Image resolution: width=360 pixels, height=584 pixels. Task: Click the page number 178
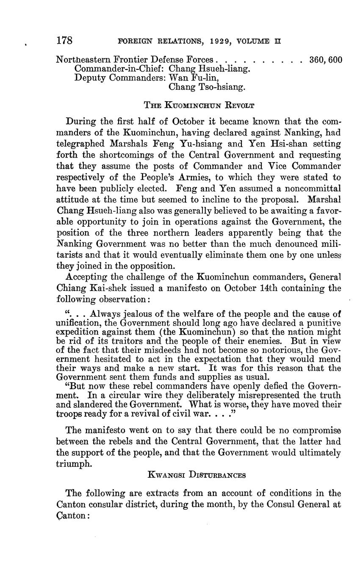[x=64, y=41]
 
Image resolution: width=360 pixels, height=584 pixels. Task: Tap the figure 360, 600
[x=326, y=60]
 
